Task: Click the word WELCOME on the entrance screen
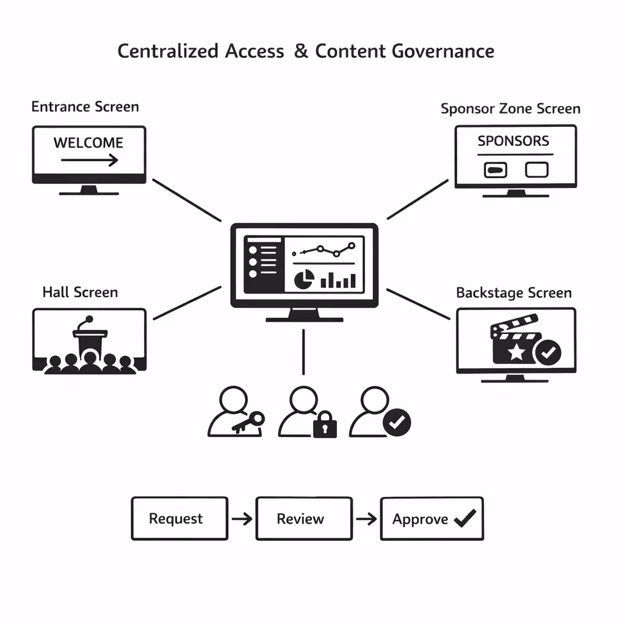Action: [x=89, y=143]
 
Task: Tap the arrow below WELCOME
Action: [x=90, y=161]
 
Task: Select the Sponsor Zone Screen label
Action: [x=510, y=109]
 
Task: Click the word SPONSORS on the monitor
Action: [x=513, y=141]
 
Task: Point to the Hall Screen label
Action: [x=80, y=292]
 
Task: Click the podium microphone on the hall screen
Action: [x=88, y=320]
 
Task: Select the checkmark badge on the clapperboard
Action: [x=547, y=352]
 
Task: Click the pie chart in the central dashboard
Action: [x=304, y=280]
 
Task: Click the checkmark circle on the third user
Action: [x=397, y=421]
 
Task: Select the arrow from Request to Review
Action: [x=242, y=519]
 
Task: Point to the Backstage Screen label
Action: [x=514, y=292]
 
